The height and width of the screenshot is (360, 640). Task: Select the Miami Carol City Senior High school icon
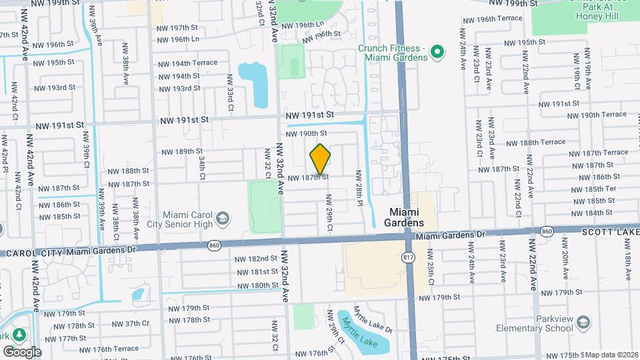223,219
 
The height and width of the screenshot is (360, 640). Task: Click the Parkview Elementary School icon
584,323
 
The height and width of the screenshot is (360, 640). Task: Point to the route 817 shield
407,257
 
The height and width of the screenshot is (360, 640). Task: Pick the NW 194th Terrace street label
187,63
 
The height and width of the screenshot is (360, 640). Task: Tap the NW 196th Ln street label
177,39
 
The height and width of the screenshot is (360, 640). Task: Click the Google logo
23,351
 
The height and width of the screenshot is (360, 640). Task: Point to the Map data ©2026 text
613,355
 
